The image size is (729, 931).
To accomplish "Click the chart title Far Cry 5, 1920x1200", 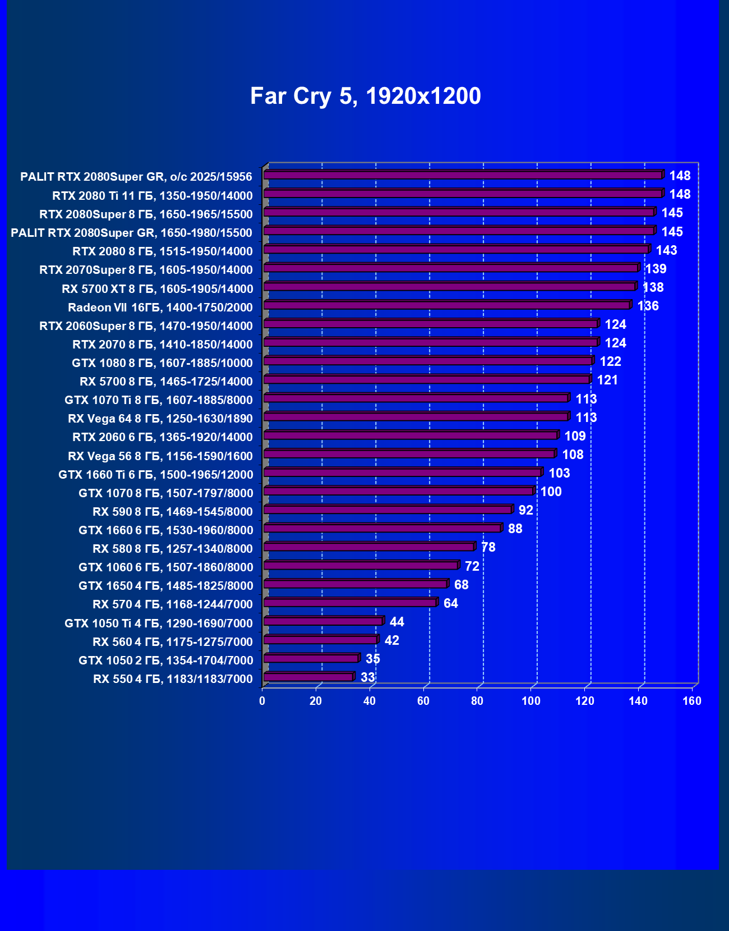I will pos(365,96).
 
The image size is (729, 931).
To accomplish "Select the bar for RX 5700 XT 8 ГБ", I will pos(449,287).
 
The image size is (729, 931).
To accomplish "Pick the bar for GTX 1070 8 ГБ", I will pos(398,491).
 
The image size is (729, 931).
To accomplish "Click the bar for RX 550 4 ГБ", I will pos(308,677).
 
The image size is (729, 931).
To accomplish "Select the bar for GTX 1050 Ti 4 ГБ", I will pos(323,621).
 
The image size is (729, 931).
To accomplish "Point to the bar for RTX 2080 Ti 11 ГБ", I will pos(463,194).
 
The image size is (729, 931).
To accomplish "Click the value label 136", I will pos(648,306).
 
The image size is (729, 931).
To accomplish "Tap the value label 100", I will pos(551,492).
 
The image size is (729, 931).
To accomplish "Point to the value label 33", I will pos(367,677).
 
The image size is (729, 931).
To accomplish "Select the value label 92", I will pos(525,510).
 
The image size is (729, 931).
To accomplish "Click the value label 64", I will pos(450,603).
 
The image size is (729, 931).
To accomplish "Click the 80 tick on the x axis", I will pos(477,701).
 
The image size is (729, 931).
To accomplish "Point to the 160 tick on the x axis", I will pos(692,701).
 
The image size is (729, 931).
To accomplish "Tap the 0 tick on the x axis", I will pos(262,701).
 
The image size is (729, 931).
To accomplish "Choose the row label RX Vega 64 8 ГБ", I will pos(160,419).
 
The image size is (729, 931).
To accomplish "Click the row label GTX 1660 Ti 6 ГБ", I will pos(155,475).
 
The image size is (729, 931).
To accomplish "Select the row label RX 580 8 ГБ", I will pos(172,549).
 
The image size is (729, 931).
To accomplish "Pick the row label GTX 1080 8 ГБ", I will pos(162,363).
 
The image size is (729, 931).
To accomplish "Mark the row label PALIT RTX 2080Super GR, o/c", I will pos(136,177).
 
